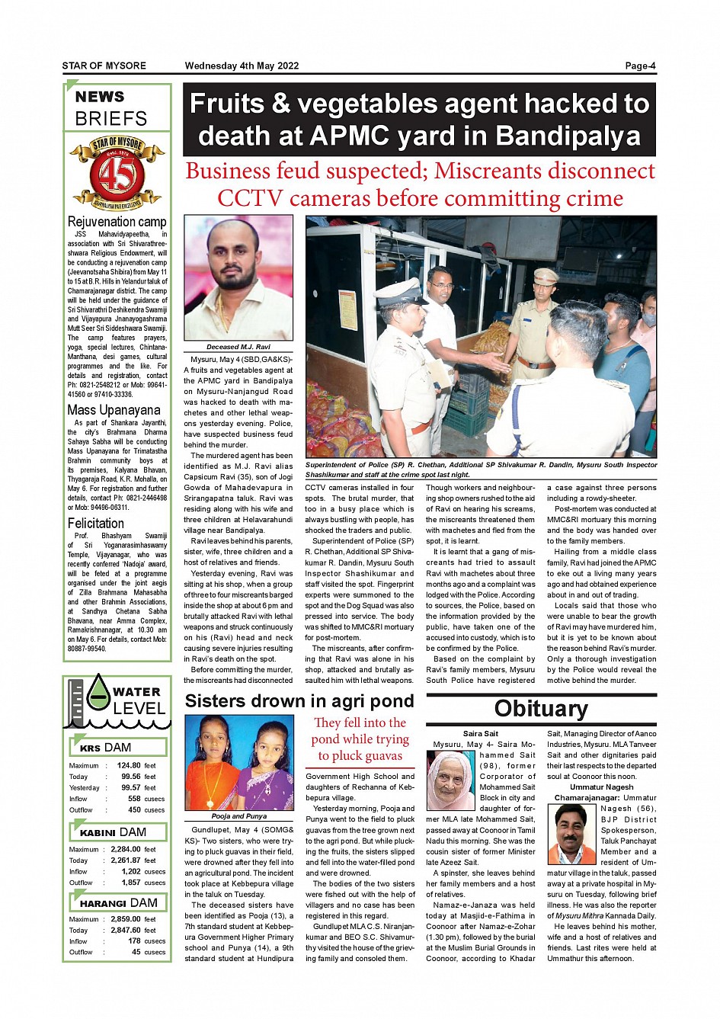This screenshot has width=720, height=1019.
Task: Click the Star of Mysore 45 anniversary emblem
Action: click(117, 173)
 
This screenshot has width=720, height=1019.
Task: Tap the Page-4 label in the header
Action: click(640, 66)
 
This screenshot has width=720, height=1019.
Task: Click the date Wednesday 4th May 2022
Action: click(242, 66)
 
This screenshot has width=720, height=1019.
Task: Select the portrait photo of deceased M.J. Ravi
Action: click(238, 277)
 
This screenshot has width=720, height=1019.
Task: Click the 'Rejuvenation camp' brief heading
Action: click(117, 222)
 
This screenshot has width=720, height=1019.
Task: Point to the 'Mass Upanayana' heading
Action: click(114, 410)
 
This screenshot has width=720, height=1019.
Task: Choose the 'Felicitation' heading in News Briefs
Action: click(96, 524)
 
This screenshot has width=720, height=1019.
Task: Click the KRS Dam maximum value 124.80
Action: click(129, 765)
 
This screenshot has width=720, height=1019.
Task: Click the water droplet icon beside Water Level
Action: click(98, 692)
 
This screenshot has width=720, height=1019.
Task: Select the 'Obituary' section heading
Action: click(541, 709)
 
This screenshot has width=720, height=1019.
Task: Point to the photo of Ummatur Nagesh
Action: click(571, 834)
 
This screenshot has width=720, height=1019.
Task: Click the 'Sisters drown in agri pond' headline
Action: click(299, 701)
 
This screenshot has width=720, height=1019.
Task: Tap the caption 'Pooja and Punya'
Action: click(238, 816)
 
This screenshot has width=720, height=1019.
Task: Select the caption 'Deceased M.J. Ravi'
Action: click(238, 347)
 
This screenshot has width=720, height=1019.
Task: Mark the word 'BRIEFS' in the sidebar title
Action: click(111, 119)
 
